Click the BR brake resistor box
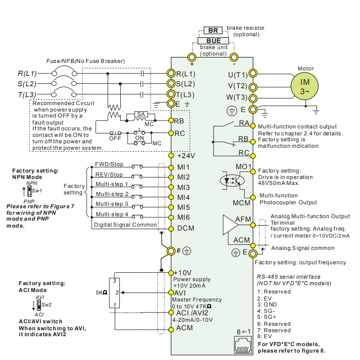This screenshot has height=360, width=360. [x=213, y=30]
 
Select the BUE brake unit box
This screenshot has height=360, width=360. [x=213, y=41]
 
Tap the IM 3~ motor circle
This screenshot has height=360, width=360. [x=305, y=86]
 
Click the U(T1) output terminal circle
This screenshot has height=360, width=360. [x=253, y=73]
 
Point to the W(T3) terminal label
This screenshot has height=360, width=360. [x=237, y=97]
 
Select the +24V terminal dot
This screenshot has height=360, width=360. [x=171, y=156]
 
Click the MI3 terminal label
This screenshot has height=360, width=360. [x=183, y=187]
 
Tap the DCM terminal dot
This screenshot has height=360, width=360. [x=171, y=229]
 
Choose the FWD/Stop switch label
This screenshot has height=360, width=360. [x=109, y=164]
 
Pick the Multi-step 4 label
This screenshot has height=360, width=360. [x=112, y=214]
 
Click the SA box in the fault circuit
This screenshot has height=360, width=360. [x=141, y=114]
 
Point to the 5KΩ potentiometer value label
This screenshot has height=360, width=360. [x=102, y=293]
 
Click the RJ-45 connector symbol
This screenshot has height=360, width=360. [x=243, y=345]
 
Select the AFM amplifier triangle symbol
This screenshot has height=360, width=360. [x=230, y=225]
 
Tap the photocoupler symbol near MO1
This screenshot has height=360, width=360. [x=232, y=180]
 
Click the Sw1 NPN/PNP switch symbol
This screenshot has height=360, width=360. [x=29, y=191]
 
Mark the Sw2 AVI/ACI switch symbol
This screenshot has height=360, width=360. [x=39, y=305]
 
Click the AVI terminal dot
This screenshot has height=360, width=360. [x=171, y=293]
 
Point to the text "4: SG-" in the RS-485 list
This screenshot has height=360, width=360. [x=266, y=311]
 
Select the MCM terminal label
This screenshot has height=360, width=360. [x=242, y=203]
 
